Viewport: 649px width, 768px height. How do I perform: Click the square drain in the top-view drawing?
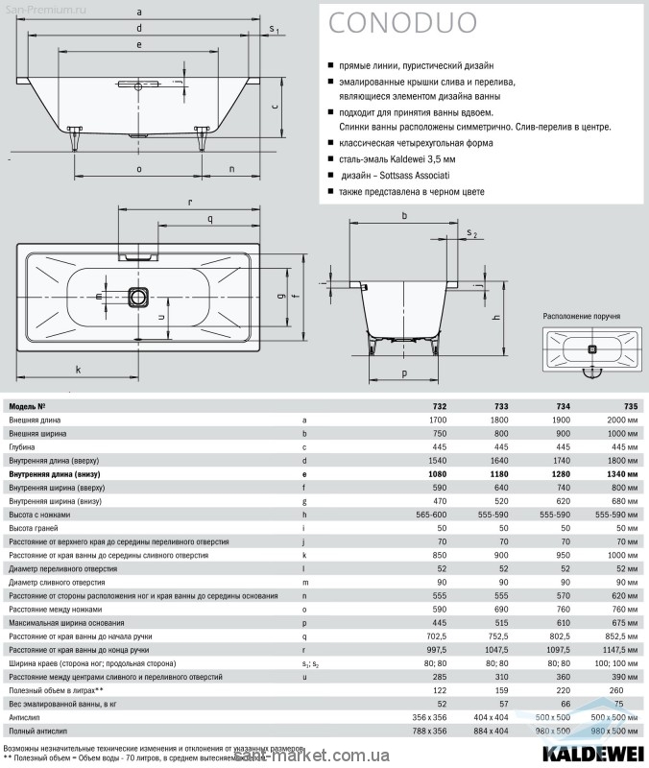pos(140,296)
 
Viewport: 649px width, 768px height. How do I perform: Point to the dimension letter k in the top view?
pos(78,369)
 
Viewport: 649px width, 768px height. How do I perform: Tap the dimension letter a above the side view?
pos(140,12)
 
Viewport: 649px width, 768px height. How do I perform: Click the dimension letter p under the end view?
pos(404,372)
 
